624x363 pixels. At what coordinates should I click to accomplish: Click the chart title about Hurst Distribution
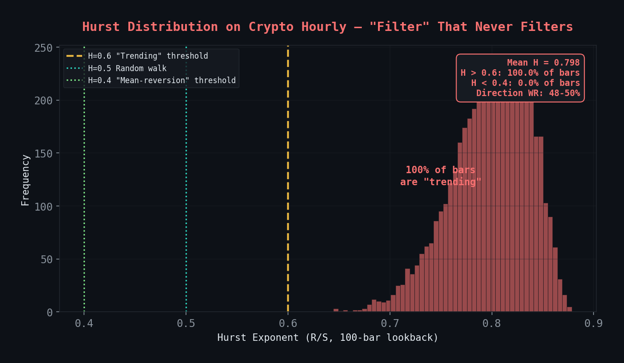[x=327, y=27]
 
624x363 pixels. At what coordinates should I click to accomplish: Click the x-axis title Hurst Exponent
[x=328, y=338]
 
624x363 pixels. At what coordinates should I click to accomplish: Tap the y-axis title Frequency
[x=25, y=180]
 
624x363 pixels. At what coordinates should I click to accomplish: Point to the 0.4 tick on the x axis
[x=84, y=323]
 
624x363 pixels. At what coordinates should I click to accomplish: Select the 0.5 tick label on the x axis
[x=186, y=323]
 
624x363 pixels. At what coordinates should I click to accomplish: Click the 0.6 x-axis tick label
[x=288, y=323]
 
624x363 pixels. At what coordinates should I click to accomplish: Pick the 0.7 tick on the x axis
[x=390, y=323]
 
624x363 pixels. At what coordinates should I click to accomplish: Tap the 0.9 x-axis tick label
[x=594, y=323]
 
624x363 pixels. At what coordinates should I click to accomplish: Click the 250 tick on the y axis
[x=44, y=48]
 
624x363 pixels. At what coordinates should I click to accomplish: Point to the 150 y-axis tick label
[x=44, y=153]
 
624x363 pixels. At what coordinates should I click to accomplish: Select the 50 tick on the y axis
[x=47, y=259]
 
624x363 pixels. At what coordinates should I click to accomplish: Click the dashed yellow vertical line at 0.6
[x=288, y=185]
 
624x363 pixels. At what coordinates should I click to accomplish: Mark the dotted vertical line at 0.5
[x=186, y=185]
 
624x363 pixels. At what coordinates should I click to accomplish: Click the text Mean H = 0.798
[x=543, y=63]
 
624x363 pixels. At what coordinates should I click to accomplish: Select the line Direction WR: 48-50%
[x=528, y=93]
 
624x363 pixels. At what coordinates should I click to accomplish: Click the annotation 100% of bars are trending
[x=440, y=176]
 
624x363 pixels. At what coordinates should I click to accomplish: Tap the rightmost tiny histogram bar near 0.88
[x=569, y=309]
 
